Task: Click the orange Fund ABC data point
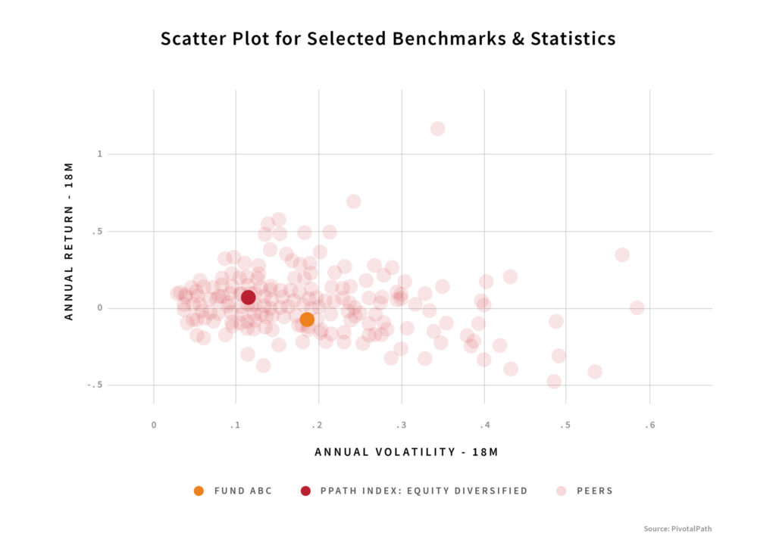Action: (x=307, y=320)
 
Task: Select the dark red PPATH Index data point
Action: (x=248, y=297)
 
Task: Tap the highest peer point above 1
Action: (x=437, y=129)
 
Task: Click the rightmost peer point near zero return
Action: (x=637, y=307)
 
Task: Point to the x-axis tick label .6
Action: (x=649, y=426)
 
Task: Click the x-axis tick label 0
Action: (x=154, y=426)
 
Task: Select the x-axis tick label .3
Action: (x=401, y=426)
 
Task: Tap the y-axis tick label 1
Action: (x=99, y=154)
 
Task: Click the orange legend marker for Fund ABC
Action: (x=199, y=491)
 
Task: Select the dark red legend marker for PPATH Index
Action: (x=305, y=491)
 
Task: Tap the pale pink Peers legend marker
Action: (x=560, y=491)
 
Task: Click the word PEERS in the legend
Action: (x=594, y=491)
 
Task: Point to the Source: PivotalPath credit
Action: (x=677, y=528)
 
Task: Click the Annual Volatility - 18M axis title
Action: (x=406, y=452)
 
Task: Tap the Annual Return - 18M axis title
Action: (x=69, y=241)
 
